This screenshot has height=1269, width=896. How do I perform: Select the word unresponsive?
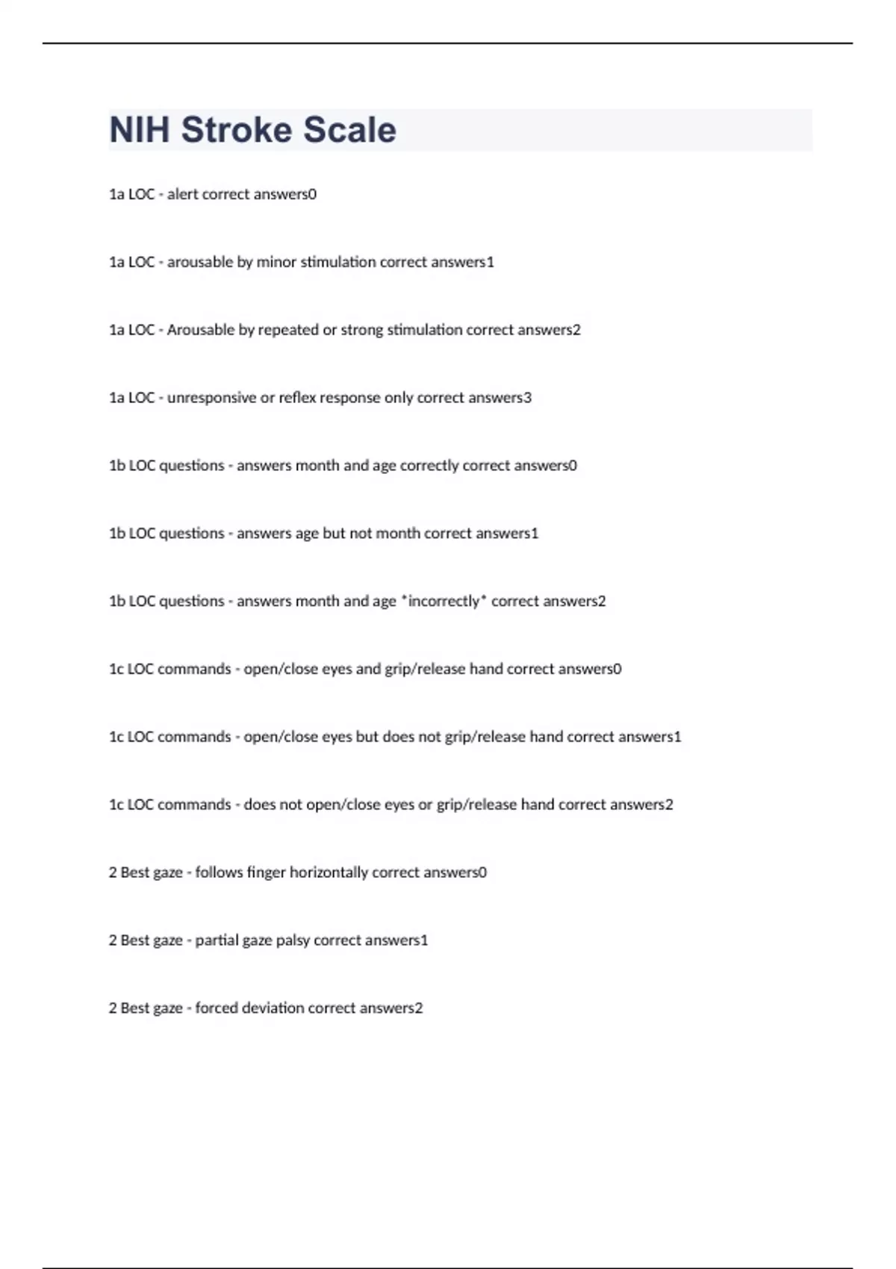point(211,398)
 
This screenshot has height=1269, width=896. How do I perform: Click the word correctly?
point(429,466)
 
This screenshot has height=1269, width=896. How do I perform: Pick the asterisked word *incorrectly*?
point(443,601)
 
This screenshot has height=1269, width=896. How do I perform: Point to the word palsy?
point(293,941)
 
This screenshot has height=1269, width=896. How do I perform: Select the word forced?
point(217,1008)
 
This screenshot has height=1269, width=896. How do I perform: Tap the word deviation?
point(273,1008)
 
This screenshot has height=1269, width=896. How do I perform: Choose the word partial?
point(216,941)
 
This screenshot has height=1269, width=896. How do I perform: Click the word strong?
point(361,330)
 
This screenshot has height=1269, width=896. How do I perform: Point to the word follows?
point(219,873)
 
